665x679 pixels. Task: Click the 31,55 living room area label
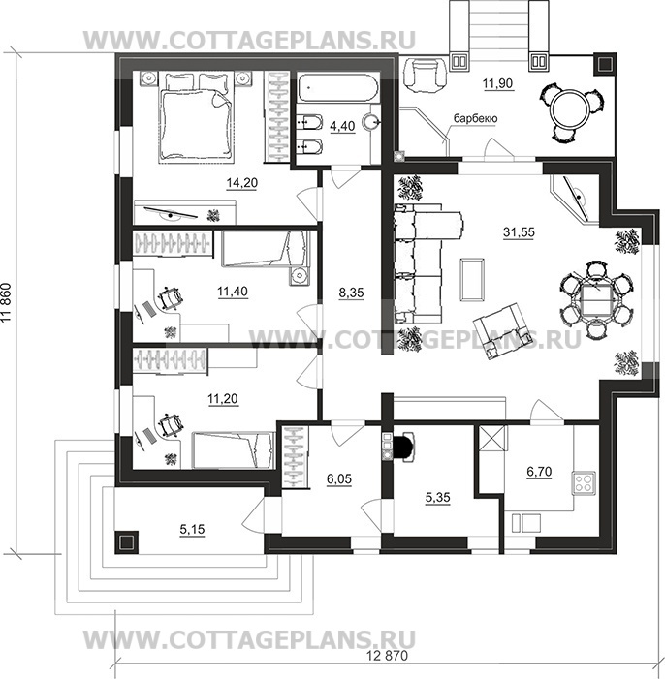click(519, 232)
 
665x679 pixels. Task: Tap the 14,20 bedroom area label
click(242, 183)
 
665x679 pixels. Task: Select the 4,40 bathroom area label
click(342, 126)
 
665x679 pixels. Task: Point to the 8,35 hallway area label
click(351, 293)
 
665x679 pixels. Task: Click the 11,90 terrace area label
click(498, 82)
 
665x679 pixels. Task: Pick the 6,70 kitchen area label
click(539, 471)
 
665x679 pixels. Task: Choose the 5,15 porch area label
click(192, 529)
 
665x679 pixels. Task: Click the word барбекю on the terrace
click(475, 118)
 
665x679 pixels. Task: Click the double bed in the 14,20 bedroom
click(193, 117)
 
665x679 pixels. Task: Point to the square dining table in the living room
click(596, 299)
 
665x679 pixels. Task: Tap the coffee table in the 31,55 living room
click(472, 279)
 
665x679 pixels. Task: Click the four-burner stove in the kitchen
click(584, 482)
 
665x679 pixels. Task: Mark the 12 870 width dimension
click(387, 655)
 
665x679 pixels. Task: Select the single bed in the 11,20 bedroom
click(234, 450)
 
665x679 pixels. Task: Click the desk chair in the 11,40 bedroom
click(169, 297)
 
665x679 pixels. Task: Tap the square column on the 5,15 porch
click(126, 542)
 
